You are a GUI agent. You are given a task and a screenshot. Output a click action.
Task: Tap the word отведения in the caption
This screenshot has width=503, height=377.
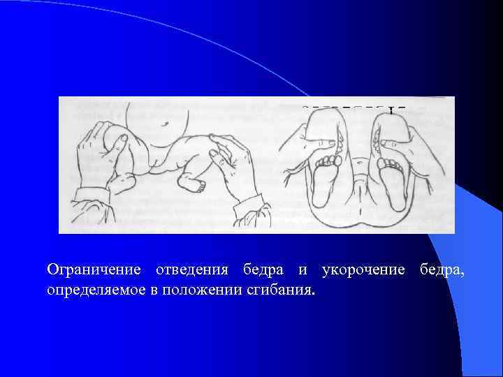pyautogui.click(x=193, y=269)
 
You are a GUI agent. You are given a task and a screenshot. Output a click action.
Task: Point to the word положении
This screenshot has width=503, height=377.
pyautogui.click(x=201, y=289)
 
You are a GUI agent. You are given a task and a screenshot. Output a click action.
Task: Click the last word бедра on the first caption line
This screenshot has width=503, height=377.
pyautogui.click(x=441, y=269)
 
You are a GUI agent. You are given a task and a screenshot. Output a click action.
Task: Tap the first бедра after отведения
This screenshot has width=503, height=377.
pyautogui.click(x=264, y=269)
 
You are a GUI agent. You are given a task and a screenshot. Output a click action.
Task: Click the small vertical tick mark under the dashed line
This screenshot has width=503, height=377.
pyautogui.click(x=392, y=110)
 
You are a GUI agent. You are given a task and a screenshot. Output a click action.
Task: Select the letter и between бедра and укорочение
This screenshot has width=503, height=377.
pyautogui.click(x=305, y=270)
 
